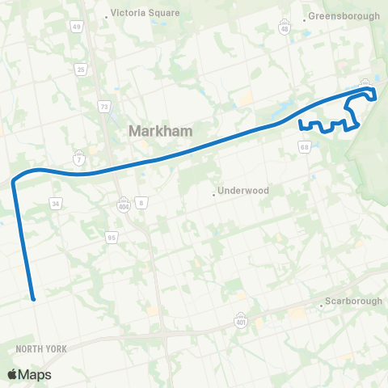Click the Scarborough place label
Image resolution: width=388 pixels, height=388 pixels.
tap(352, 302)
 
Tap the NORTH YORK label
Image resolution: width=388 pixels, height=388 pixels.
tap(40, 348)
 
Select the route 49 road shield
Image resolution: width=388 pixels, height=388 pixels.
tap(78, 27)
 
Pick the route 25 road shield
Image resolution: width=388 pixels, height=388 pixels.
tap(81, 70)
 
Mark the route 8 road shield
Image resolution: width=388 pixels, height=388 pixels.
tap(141, 202)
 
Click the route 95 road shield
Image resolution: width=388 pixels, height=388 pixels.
tap(112, 237)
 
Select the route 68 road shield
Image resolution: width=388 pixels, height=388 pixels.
tap(304, 146)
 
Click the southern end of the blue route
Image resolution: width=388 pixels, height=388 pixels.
tap(33, 297)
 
